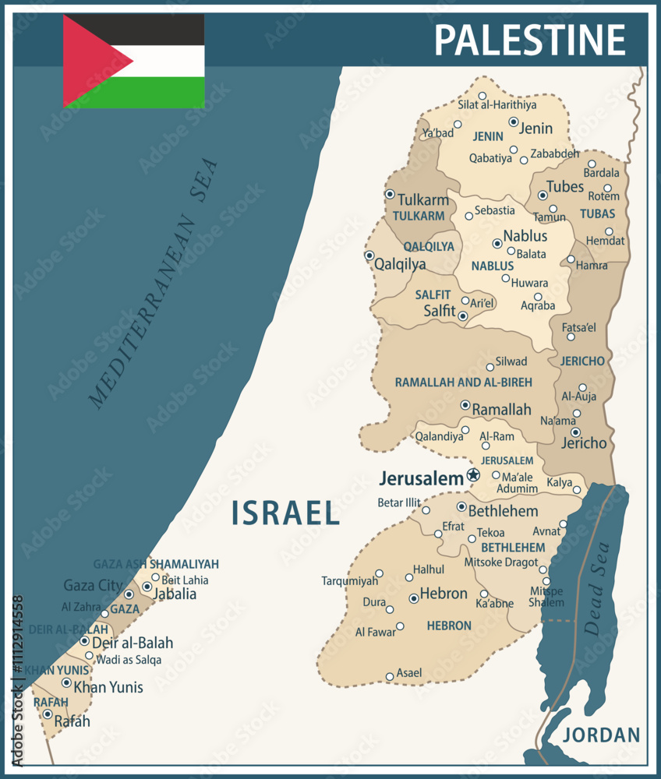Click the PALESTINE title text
pyautogui.click(x=529, y=39)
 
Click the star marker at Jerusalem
pyautogui.click(x=472, y=474)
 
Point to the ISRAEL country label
pyautogui.click(x=286, y=513)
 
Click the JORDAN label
pyautogui.click(x=601, y=735)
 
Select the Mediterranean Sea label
pyautogui.click(x=154, y=284)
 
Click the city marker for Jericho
pyautogui.click(x=575, y=432)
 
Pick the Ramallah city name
pyautogui.click(x=502, y=410)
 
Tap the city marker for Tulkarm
pyautogui.click(x=389, y=194)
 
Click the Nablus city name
pyautogui.click(x=525, y=235)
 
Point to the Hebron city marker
pyautogui.click(x=414, y=598)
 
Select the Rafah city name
pyautogui.click(x=72, y=721)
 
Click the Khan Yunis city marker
pyautogui.click(x=66, y=682)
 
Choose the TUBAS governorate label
pyautogui.click(x=597, y=213)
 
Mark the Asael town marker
pyautogui.click(x=390, y=676)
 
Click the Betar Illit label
pyautogui.click(x=399, y=502)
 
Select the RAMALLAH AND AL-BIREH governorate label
pyautogui.click(x=463, y=382)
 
